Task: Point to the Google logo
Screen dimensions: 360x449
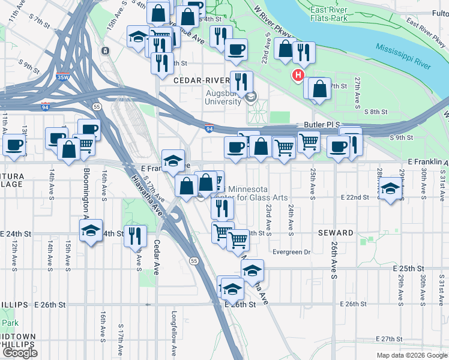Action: coord(20,352)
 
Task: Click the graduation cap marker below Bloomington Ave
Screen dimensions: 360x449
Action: coord(91,231)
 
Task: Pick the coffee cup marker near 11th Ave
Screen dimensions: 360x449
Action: coord(13,145)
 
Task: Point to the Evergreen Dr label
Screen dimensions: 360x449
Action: coord(292,252)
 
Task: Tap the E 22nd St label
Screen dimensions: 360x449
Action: coord(354,197)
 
